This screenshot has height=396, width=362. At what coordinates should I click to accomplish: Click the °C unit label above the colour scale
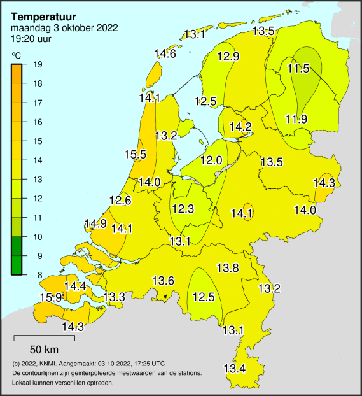pyautogui.click(x=16, y=56)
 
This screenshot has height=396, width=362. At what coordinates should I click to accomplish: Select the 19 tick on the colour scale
pyautogui.click(x=38, y=64)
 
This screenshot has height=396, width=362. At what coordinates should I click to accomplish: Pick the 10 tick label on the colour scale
pyautogui.click(x=38, y=236)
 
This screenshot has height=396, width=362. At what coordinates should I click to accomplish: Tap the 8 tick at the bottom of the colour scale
pyautogui.click(x=38, y=274)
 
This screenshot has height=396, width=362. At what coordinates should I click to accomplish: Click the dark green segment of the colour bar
pyautogui.click(x=17, y=255)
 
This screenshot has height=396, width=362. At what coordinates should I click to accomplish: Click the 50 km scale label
pyautogui.click(x=45, y=350)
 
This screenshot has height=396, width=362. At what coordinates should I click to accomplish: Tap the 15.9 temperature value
pyautogui.click(x=51, y=297)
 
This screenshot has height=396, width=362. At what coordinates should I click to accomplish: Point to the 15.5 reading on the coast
pyautogui.click(x=136, y=154)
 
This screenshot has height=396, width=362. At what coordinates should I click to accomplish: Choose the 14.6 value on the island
pyautogui.click(x=165, y=54)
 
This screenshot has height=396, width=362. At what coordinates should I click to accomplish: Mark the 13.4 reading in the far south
pyautogui.click(x=234, y=368)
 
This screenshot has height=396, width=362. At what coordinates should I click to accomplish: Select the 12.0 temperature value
pyautogui.click(x=211, y=160)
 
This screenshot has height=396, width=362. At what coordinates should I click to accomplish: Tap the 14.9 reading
pyautogui.click(x=95, y=223)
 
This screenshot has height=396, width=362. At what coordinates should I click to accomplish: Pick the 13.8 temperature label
pyautogui.click(x=228, y=267)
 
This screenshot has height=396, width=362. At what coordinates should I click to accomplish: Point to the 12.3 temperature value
pyautogui.click(x=183, y=208)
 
